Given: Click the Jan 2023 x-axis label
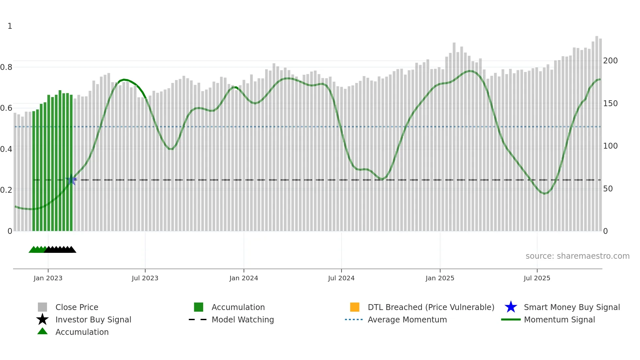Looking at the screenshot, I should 48,278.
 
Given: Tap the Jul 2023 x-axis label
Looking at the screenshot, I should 145,278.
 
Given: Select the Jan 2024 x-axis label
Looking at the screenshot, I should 244,278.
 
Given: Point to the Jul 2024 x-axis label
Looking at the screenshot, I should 341,278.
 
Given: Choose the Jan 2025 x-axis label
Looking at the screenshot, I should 440,278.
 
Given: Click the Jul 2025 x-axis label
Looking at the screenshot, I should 537,278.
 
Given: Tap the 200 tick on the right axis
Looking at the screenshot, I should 610,61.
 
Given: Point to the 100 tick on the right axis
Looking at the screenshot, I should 610,146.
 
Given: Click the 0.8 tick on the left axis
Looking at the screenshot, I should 6,67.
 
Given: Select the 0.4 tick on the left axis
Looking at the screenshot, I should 6,149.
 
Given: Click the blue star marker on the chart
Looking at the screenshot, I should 71,180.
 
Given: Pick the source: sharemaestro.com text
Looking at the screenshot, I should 577,256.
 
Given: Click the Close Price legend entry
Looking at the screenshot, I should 77,307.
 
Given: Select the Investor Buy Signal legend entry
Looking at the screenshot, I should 93,320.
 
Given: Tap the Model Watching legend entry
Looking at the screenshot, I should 243,320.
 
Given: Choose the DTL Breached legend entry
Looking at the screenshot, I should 431,307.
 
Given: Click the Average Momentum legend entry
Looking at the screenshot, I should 407,320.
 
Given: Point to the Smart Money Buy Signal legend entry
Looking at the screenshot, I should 572,307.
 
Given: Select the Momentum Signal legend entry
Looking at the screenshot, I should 559,320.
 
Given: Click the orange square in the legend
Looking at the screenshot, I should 355,307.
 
